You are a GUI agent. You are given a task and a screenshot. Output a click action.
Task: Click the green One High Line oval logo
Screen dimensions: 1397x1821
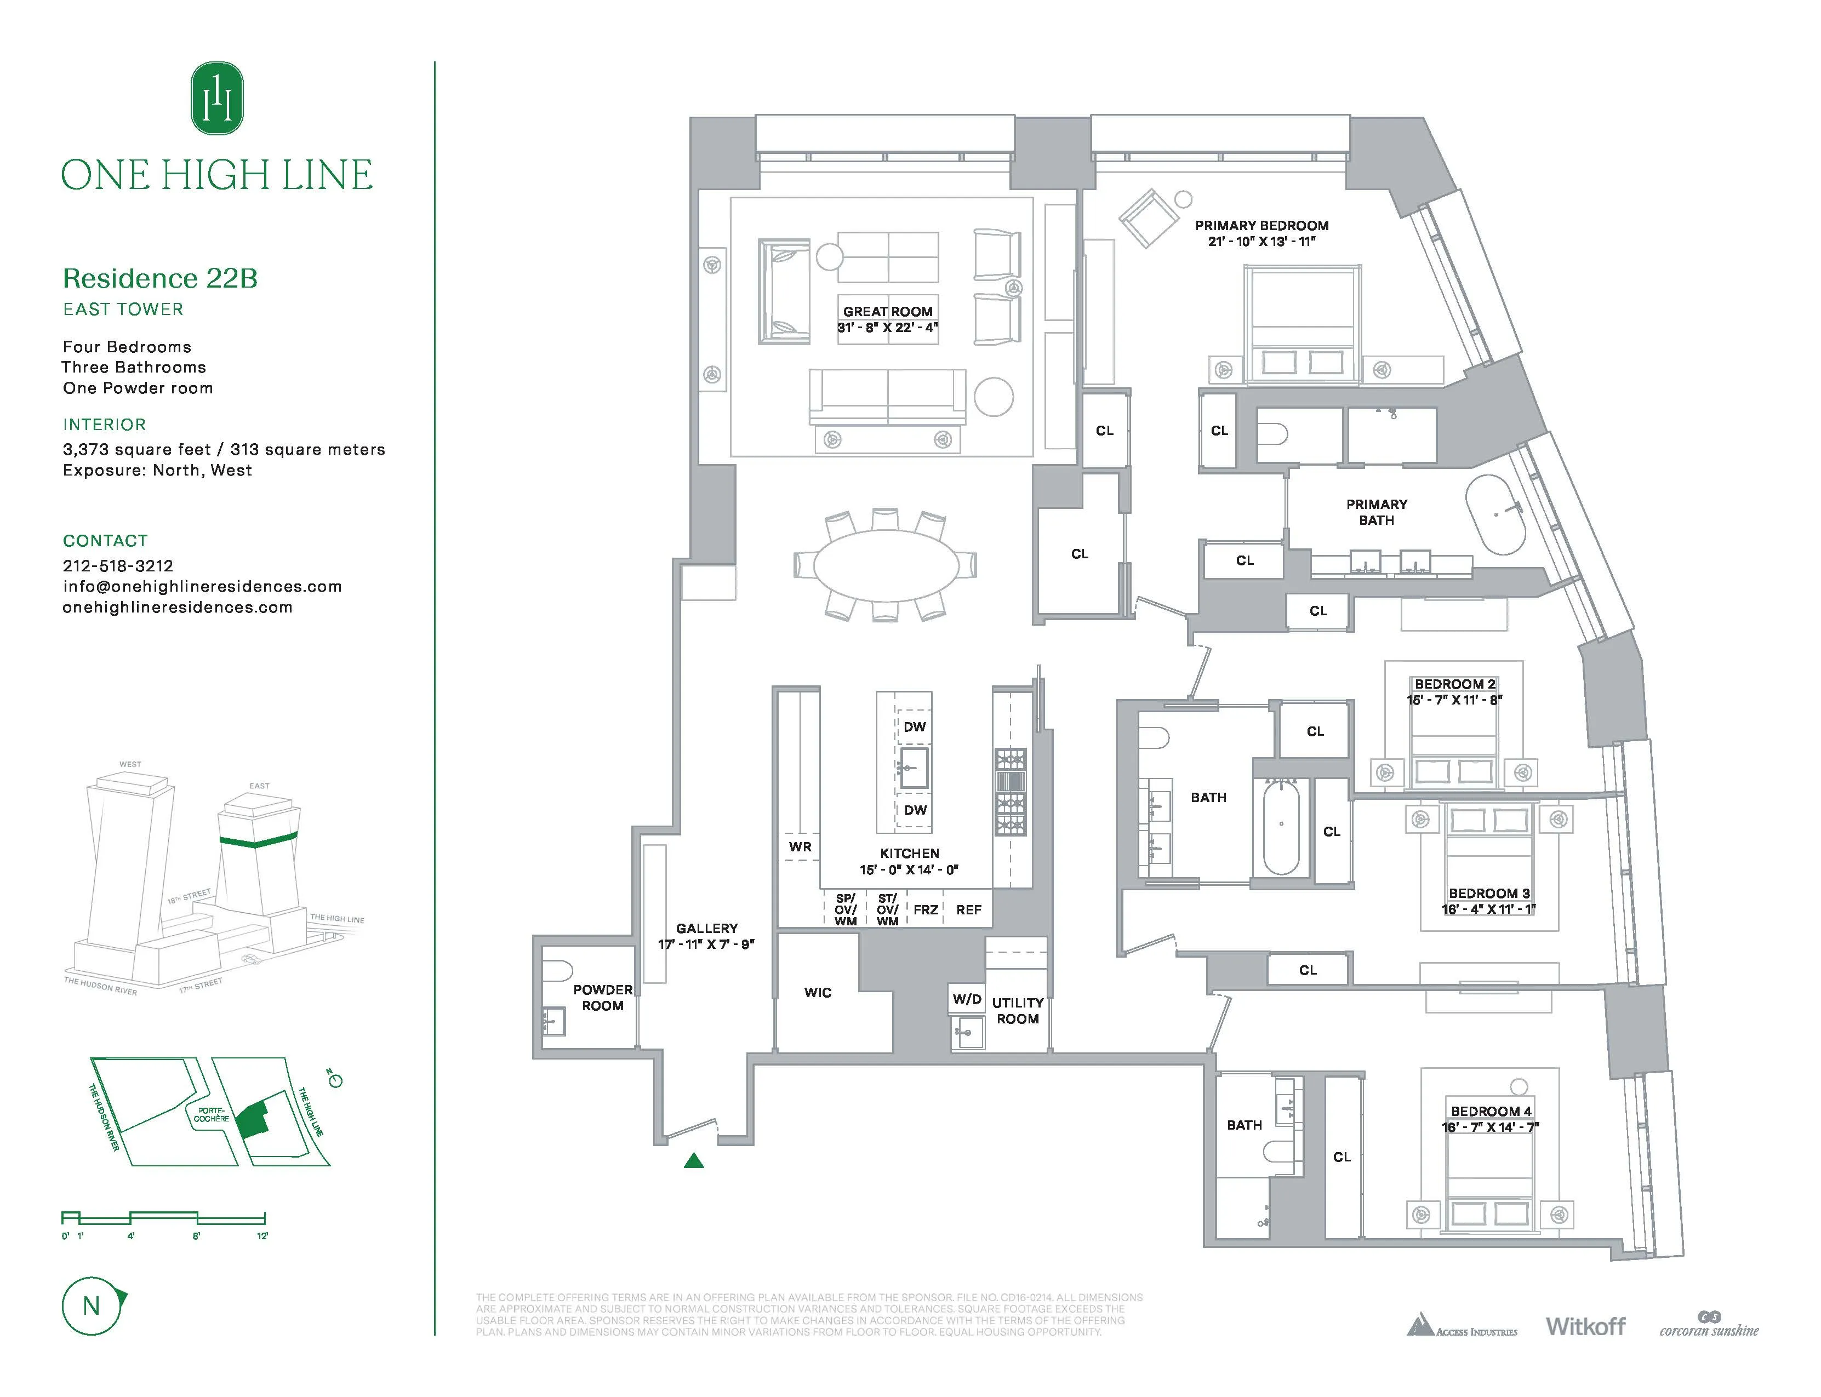tap(217, 98)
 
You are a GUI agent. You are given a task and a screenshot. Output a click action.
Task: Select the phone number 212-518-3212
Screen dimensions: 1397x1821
tap(118, 565)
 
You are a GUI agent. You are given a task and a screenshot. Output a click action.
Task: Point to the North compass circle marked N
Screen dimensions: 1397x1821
tap(92, 1306)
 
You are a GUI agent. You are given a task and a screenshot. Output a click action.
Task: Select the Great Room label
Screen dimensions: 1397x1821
tap(888, 311)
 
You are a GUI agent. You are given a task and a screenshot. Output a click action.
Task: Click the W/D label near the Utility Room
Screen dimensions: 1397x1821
tap(967, 999)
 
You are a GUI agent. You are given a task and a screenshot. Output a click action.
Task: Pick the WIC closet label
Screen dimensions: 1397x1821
tap(818, 992)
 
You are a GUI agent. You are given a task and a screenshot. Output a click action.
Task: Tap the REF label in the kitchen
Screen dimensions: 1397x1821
tap(968, 910)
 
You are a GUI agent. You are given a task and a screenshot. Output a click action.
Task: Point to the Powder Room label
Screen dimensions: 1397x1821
tap(602, 997)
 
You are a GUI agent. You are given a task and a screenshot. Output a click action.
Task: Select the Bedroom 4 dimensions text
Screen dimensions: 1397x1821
tap(1490, 1127)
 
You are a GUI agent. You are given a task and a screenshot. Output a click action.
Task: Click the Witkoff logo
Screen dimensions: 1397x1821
tap(1585, 1326)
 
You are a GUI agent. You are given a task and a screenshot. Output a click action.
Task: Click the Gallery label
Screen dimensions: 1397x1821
tap(706, 928)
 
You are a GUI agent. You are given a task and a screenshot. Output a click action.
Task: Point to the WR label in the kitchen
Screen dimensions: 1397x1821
tap(800, 846)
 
